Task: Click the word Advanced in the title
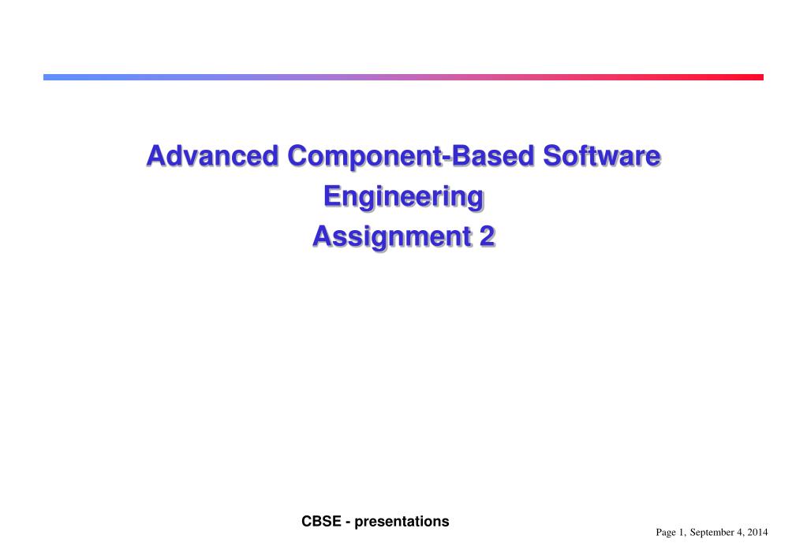tap(212, 156)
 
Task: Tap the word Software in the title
tap(602, 156)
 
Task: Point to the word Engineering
tap(404, 198)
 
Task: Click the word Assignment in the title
tap(391, 237)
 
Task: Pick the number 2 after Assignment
tap(488, 236)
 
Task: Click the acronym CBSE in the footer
tap(321, 522)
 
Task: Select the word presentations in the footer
tap(402, 522)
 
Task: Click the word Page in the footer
tap(666, 533)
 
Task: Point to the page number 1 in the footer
tap(682, 532)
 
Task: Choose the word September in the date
tap(712, 533)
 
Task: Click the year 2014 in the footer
tap(757, 532)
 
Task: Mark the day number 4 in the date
tap(740, 532)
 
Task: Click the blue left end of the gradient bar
tap(44, 77)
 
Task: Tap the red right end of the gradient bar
tap(762, 77)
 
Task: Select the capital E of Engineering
tap(332, 196)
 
